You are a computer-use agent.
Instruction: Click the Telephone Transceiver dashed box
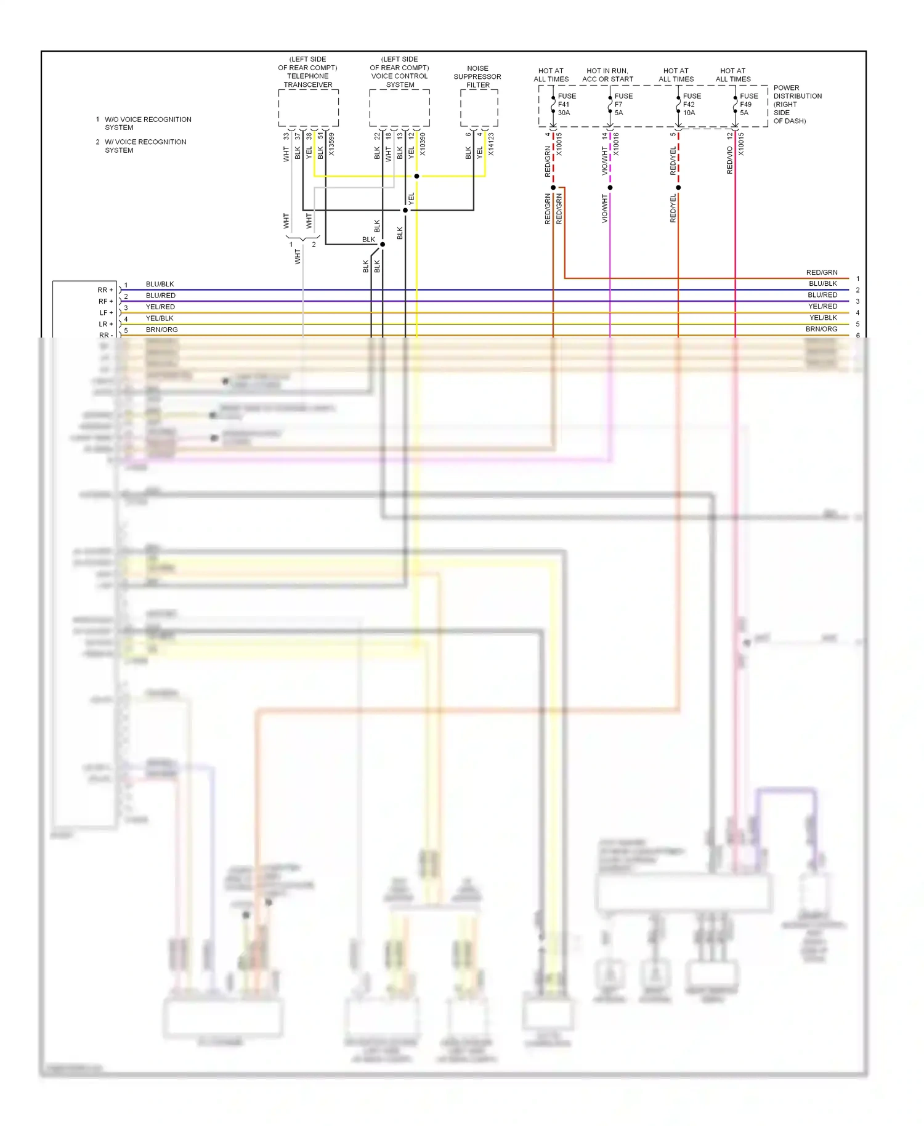pos(308,108)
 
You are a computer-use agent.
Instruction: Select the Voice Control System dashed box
pos(399,108)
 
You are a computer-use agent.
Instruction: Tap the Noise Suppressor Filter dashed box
pos(479,108)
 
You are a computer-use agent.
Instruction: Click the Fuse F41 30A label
pos(566,105)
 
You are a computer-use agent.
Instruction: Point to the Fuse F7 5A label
pos(623,105)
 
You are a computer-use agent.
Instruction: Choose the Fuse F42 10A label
pos(691,105)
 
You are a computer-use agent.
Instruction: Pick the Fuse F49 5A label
pos(748,105)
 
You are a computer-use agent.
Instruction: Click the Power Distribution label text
pos(797,104)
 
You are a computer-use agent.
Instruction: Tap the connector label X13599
pos(331,144)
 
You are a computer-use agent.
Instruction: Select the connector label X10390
pos(423,144)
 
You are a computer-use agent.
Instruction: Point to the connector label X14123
pos(491,144)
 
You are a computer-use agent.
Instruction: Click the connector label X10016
pos(616,144)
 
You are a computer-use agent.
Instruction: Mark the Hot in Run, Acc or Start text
pos(607,75)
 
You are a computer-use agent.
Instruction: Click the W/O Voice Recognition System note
pos(147,123)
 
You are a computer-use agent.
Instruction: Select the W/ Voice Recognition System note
pos(145,146)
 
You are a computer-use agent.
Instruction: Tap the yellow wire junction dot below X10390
pos(417,176)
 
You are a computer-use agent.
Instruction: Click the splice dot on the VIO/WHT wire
pos(610,187)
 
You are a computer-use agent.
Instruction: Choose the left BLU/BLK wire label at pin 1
pos(160,284)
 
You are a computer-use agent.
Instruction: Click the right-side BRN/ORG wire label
pos(821,329)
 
